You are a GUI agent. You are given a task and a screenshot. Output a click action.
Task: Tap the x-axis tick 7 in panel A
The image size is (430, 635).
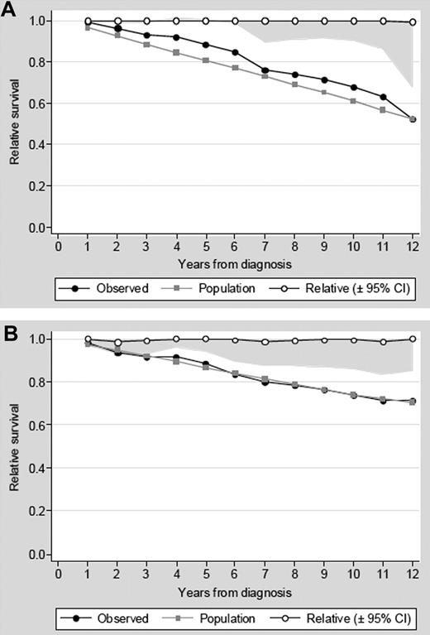[x=265, y=246]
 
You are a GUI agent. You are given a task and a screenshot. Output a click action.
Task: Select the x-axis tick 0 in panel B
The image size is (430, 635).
[x=58, y=573]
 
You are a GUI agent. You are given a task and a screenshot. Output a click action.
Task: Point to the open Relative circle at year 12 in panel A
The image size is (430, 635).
[x=413, y=22]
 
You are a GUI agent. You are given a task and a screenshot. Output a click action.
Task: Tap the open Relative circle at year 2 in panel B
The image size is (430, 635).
[x=117, y=342]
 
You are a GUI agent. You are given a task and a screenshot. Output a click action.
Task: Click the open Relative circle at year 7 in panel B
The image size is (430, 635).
[x=265, y=342]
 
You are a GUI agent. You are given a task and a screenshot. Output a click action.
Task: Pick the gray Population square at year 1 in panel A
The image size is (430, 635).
[x=88, y=27]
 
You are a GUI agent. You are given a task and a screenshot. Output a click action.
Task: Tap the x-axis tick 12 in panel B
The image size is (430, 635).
[x=413, y=573]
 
